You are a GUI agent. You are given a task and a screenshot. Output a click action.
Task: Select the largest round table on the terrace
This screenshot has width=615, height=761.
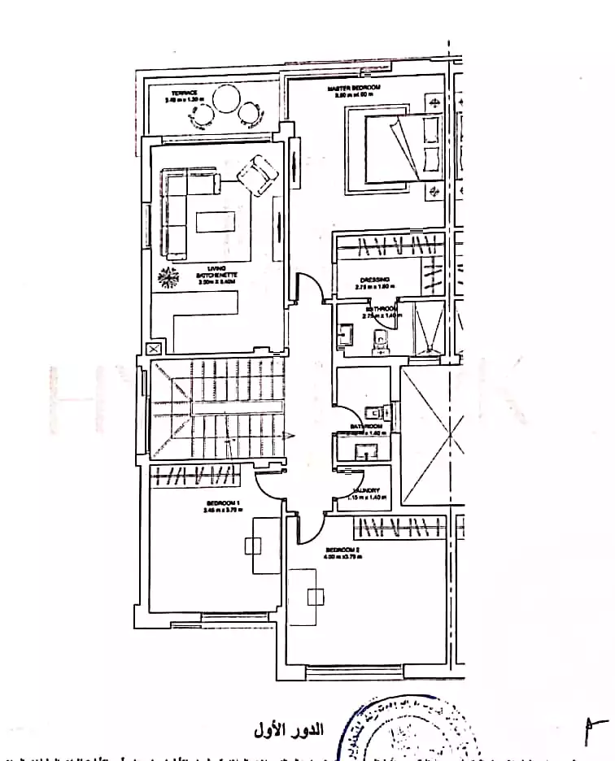point(225,102)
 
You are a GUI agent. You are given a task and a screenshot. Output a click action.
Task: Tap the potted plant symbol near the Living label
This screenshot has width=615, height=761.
point(168,277)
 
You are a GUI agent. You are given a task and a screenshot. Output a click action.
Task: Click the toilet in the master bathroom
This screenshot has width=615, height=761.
point(379,341)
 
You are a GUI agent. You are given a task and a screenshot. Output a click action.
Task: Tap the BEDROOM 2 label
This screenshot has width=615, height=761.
point(342,553)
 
